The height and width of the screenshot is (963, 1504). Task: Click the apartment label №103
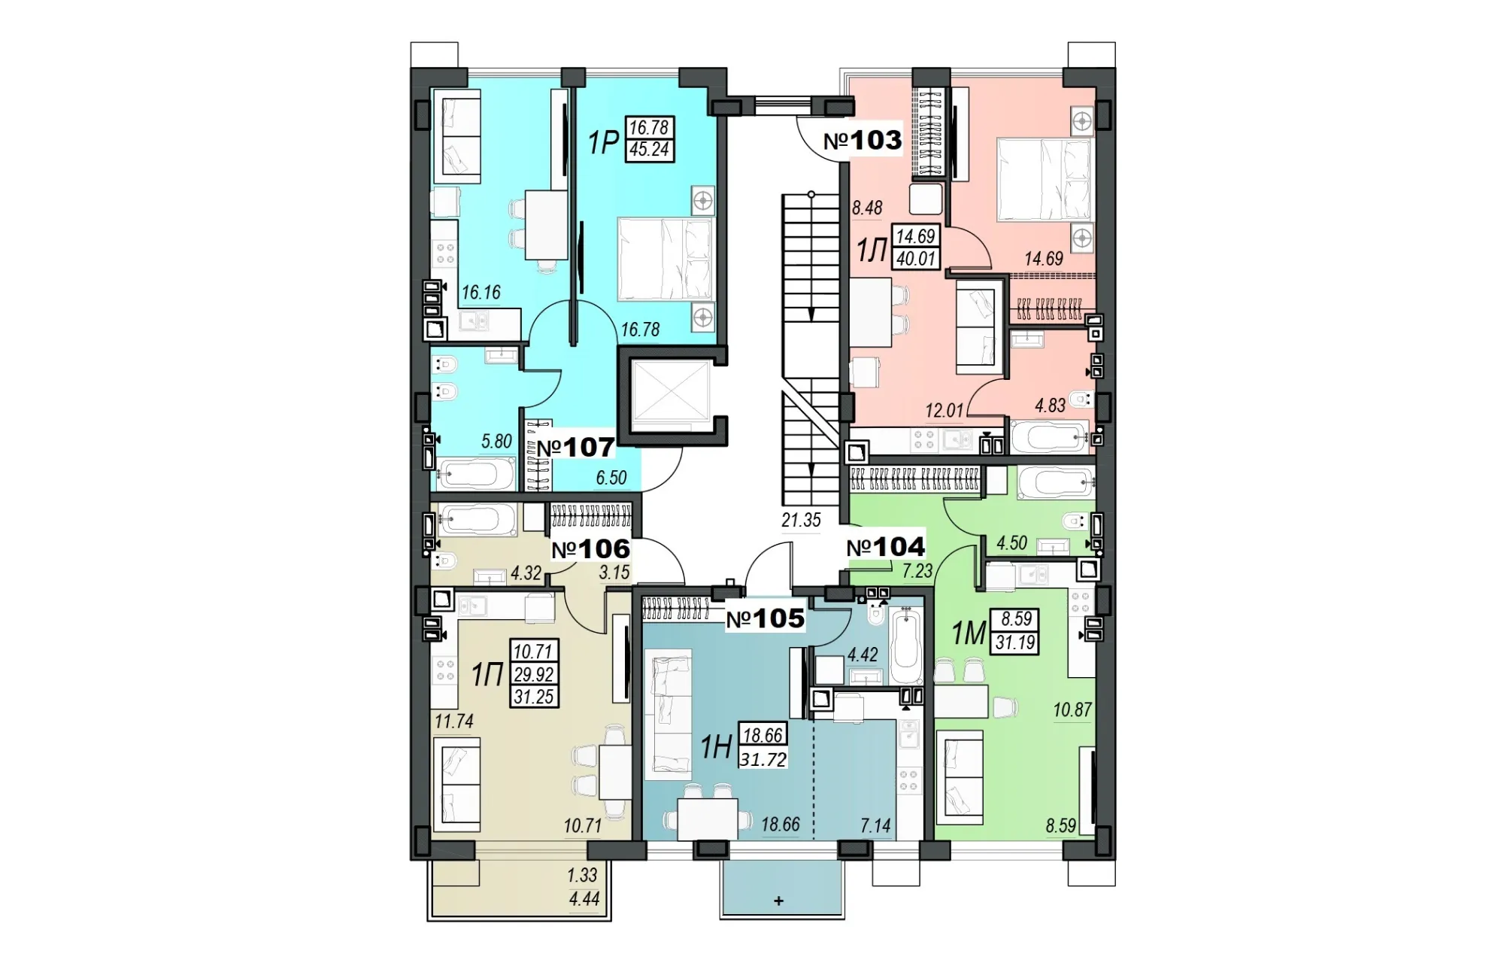[863, 141]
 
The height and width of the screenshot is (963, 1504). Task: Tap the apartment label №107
[575, 448]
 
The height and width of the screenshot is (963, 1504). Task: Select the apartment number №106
[591, 549]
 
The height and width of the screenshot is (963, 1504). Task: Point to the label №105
[765, 619]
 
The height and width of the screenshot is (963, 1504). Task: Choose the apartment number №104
[886, 547]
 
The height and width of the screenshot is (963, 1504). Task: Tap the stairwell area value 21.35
[801, 520]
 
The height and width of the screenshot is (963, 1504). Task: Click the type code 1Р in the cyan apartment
[603, 141]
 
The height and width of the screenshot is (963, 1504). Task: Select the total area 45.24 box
[649, 150]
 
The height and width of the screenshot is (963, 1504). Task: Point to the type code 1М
[969, 634]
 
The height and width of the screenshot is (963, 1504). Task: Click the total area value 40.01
[914, 259]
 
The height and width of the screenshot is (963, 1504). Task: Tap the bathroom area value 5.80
[496, 441]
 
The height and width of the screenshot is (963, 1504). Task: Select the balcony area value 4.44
[584, 898]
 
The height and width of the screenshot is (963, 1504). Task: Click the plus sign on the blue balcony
[779, 901]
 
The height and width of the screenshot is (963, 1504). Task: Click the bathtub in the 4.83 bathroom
[1050, 436]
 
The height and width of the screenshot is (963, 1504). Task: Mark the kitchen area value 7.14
[875, 826]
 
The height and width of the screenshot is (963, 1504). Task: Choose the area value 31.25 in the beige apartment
[534, 697]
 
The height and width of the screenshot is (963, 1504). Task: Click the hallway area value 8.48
[867, 208]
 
